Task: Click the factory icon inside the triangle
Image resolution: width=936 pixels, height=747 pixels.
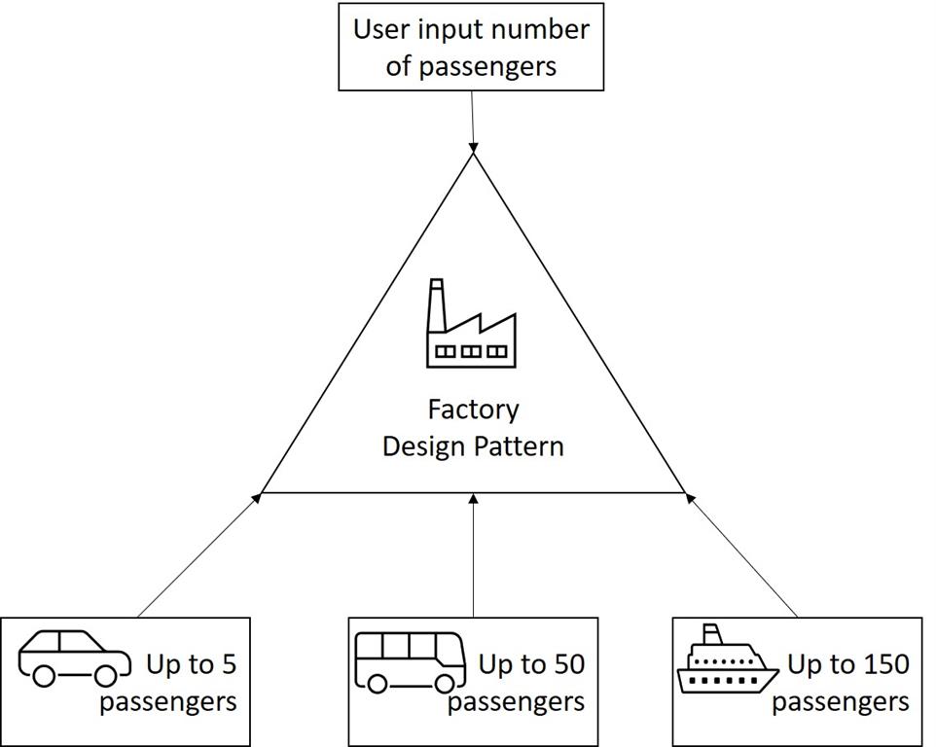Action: click(x=471, y=325)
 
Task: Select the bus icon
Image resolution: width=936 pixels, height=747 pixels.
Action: click(x=410, y=660)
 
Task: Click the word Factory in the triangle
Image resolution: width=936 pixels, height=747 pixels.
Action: click(x=473, y=409)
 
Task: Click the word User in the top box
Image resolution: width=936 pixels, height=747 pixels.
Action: click(x=381, y=29)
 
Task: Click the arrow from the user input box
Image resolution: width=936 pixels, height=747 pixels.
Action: click(x=472, y=122)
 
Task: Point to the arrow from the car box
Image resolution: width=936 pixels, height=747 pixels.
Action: click(x=198, y=554)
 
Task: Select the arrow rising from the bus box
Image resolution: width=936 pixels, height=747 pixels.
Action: click(x=474, y=554)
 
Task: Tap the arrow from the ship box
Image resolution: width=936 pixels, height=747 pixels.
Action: click(x=742, y=554)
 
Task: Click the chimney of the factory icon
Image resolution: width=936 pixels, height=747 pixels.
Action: click(x=437, y=298)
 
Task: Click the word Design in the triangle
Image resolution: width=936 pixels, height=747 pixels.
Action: click(x=424, y=446)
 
